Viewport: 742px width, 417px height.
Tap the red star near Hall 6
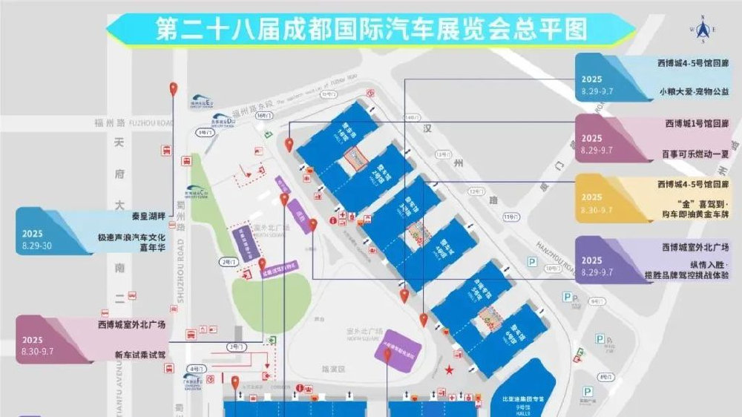pos(448,369)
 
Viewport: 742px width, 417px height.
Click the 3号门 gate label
pos(237,347)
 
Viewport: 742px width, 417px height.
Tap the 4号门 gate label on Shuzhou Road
pos(195,368)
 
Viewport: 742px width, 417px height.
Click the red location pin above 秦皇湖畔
pos(174,89)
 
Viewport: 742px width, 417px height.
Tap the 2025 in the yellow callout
pos(592,199)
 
